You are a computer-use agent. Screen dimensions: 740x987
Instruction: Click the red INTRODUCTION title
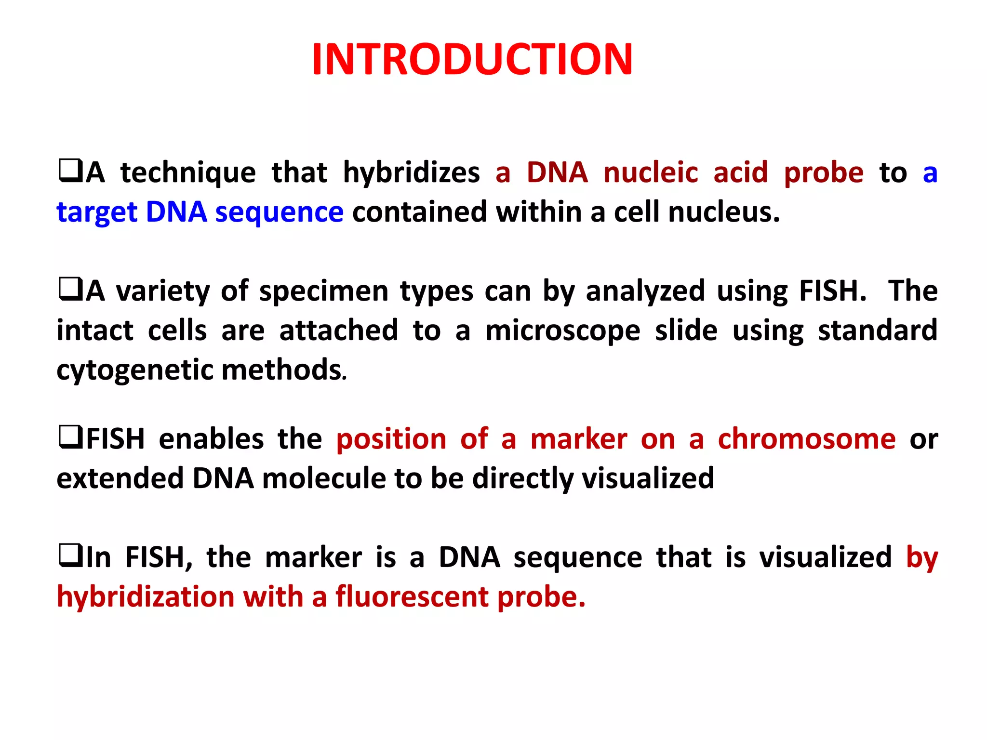[472, 60]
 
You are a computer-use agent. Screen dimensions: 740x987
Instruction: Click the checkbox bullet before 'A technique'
[70, 172]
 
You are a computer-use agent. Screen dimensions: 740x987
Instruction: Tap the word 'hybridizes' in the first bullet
[411, 172]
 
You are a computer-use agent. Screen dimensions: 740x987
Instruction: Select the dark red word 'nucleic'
[651, 172]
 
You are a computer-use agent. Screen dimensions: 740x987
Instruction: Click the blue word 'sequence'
[279, 212]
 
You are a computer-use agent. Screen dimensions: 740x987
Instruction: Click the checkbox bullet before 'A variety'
[70, 290]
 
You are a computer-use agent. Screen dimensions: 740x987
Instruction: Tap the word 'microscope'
[562, 331]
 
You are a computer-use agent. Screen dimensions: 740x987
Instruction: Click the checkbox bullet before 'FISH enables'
[70, 438]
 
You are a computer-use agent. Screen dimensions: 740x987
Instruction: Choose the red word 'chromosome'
[806, 439]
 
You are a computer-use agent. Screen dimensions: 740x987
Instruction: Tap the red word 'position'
[391, 440]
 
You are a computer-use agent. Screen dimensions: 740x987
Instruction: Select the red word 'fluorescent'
[412, 596]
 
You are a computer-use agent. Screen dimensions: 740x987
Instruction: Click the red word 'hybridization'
[146, 596]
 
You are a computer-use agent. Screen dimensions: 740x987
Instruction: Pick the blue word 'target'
[97, 213]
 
